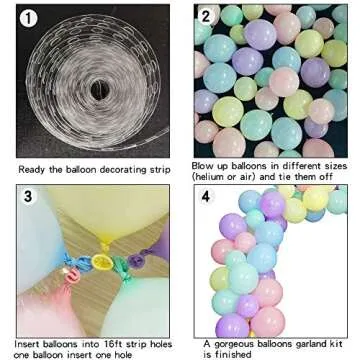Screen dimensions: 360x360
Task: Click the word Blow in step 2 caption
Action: click(x=203, y=164)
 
